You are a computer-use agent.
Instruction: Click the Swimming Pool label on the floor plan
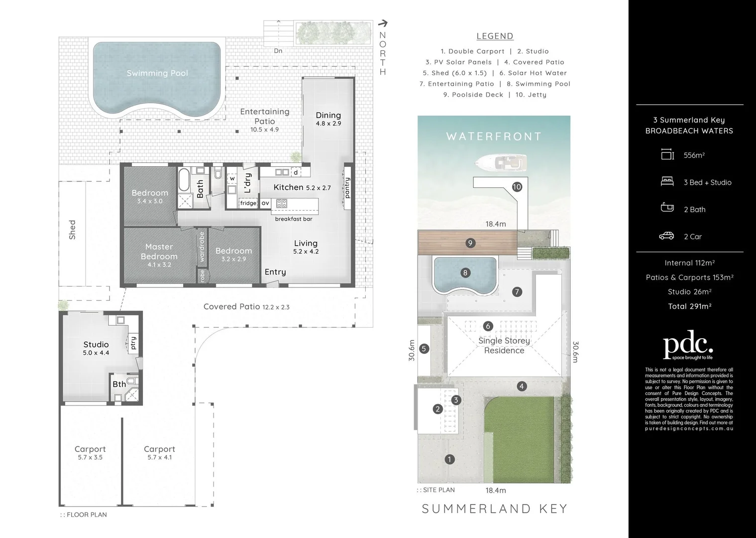point(157,73)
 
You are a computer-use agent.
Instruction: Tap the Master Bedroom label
point(159,252)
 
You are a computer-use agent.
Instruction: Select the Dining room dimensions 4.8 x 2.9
point(328,124)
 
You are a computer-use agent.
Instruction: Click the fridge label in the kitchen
point(248,203)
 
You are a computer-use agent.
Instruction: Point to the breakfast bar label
point(294,219)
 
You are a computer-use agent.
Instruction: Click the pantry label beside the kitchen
point(347,188)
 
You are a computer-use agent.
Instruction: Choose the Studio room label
point(96,345)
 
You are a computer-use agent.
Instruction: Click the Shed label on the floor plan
point(73,230)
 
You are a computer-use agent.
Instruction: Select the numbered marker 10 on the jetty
point(517,187)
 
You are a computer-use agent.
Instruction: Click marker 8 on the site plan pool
point(465,272)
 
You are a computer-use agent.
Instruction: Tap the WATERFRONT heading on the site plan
point(494,136)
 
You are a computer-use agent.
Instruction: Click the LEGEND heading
point(495,36)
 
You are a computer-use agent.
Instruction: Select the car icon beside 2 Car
point(666,236)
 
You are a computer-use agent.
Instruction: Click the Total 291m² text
point(689,306)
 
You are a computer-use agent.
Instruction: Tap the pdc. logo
point(689,346)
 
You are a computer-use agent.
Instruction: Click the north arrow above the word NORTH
point(383,23)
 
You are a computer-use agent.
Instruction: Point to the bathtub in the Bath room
point(184,180)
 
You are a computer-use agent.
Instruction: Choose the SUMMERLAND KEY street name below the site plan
point(495,509)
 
